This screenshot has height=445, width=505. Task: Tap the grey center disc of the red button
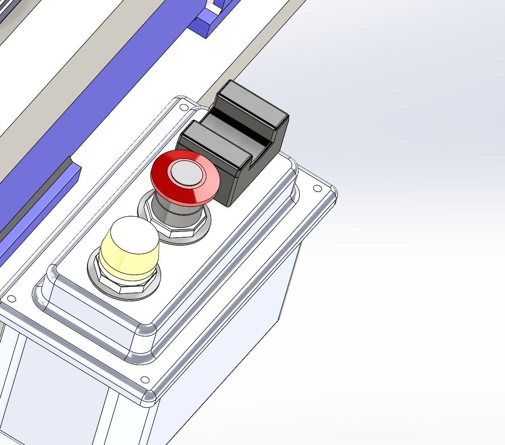coord(186,173)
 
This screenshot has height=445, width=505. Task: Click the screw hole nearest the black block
coord(183,107)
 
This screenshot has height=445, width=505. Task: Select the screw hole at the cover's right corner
coord(317,188)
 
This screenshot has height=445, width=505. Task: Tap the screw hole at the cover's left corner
coord(11,299)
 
